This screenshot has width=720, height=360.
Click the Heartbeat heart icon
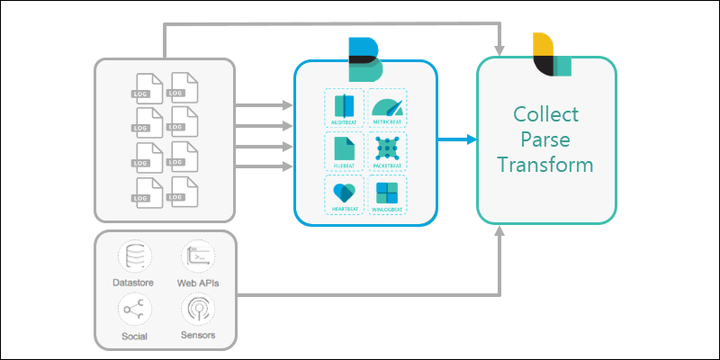[x=344, y=193]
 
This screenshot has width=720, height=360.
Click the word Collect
[x=546, y=114]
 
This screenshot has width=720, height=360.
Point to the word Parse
[x=546, y=139]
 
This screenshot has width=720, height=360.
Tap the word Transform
[x=546, y=166]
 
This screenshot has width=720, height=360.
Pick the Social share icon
[x=134, y=310]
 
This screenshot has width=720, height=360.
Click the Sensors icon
[x=197, y=310]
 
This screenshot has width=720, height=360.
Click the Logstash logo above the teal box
[x=551, y=55]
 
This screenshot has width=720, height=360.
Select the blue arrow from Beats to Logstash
[x=457, y=139]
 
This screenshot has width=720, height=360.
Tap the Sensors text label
[x=197, y=336]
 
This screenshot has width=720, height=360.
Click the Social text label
[x=134, y=336]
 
